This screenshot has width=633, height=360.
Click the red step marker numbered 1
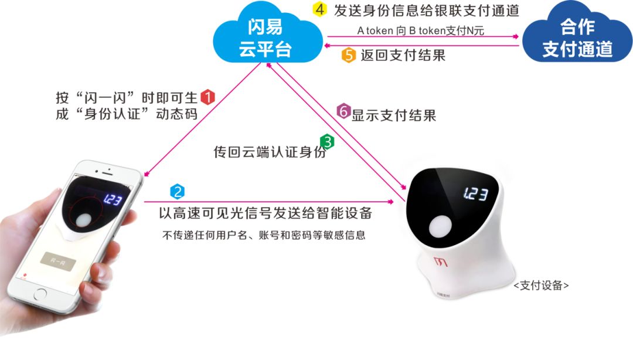coord(208,97)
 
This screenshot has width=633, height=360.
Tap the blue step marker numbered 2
coord(177,191)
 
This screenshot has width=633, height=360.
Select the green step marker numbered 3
coord(326,141)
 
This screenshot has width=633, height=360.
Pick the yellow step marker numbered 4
coord(319,10)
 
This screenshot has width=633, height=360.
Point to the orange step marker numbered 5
coord(349,55)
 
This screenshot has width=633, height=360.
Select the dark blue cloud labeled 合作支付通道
coord(577,38)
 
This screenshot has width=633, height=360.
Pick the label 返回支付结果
coord(403,55)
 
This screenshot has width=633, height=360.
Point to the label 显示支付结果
coord(393,115)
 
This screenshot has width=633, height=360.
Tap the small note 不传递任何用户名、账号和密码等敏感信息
coord(263,236)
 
